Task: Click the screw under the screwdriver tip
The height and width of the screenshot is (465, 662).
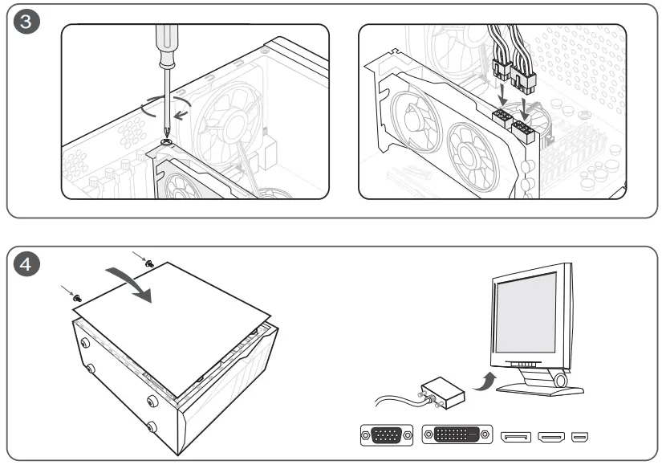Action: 166,142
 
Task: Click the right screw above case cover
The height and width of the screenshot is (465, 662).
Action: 149,263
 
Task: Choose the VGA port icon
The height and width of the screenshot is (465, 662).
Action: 387,436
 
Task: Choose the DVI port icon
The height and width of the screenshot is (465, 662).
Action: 457,436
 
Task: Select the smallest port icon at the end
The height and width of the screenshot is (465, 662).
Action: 579,437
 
